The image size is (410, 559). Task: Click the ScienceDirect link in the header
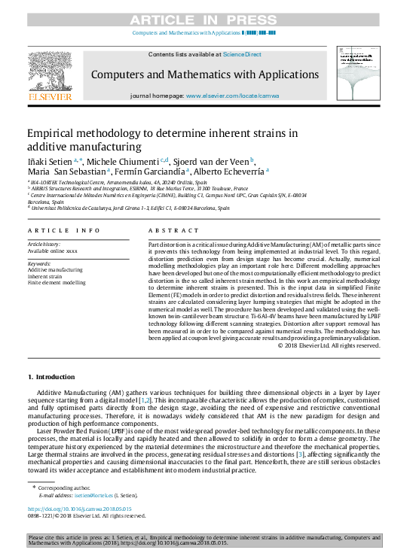click(243, 54)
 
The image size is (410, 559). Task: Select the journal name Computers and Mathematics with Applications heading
click(204, 74)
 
